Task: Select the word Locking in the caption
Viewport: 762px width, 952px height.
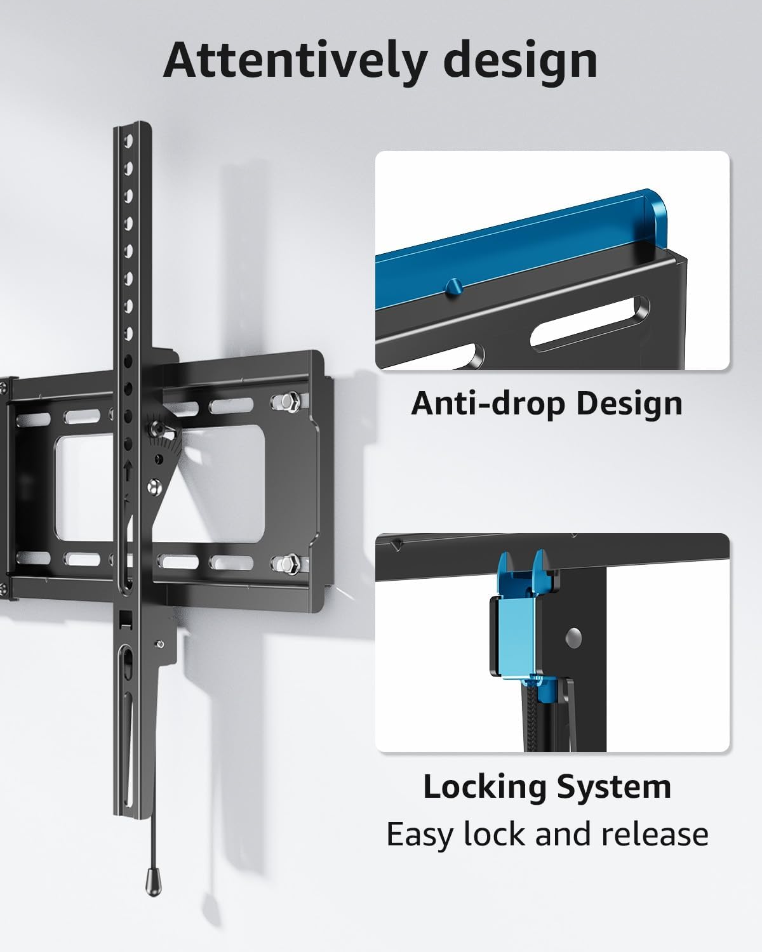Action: point(484,787)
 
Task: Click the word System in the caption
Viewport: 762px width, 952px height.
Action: point(614,787)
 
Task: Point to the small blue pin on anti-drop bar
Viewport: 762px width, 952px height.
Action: point(451,285)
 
